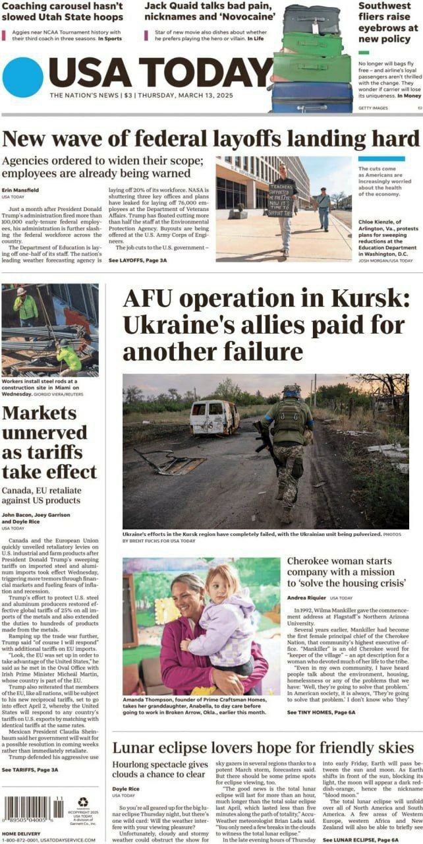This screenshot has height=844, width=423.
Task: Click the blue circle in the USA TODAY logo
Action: tap(23, 77)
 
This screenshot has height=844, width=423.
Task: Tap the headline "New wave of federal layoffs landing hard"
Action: tap(211, 139)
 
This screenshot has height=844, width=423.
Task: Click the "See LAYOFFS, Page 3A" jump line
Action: tap(138, 261)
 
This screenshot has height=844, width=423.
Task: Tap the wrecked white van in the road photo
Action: tap(214, 417)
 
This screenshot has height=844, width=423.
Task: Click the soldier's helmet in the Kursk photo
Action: tap(291, 390)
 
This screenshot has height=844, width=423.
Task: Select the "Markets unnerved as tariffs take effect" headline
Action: tap(49, 442)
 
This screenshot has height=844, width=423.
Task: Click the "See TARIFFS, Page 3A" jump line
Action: tap(30, 769)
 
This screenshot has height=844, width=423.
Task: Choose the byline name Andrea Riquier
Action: tap(306, 597)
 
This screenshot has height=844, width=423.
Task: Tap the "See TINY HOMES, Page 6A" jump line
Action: tap(322, 713)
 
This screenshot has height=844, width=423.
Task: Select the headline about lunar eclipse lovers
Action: tap(263, 748)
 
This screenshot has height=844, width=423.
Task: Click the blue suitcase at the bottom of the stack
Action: tap(312, 97)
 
